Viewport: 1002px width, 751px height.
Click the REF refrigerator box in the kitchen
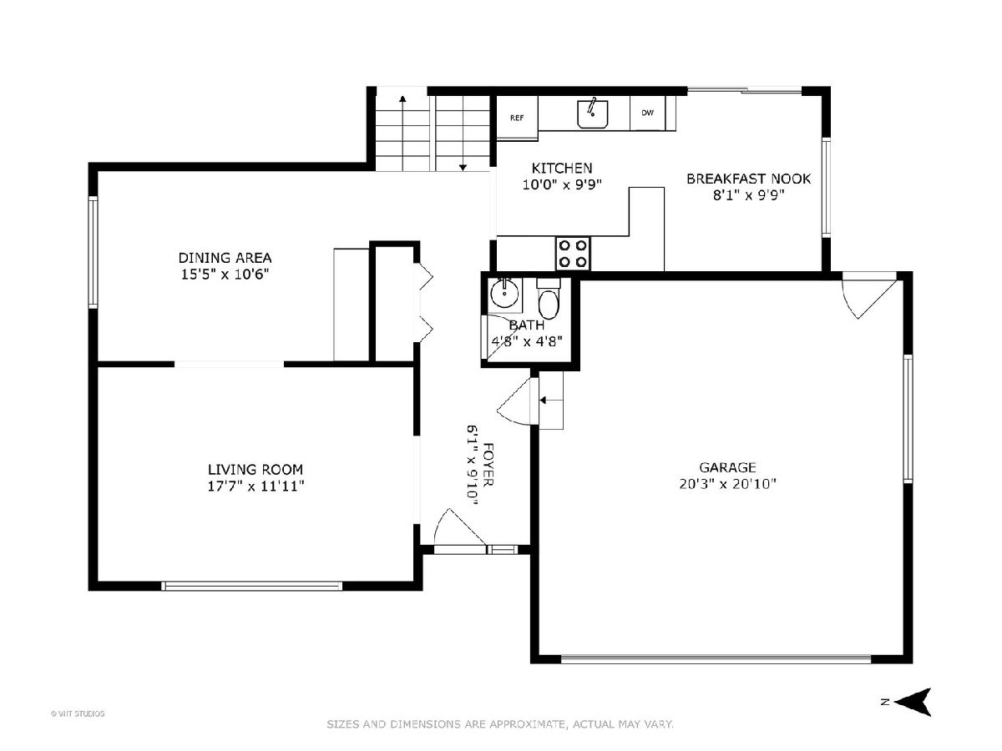(517, 117)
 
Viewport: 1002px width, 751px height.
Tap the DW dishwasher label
(647, 113)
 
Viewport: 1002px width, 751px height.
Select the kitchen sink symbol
(593, 113)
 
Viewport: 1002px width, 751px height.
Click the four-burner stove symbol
(573, 254)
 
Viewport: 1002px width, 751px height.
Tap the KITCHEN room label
(562, 169)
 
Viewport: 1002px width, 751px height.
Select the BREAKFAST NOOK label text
(749, 179)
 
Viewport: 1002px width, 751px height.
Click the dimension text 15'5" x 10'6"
(225, 275)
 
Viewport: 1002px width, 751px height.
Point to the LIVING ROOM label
(256, 469)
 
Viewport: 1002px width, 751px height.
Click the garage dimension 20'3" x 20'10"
(727, 484)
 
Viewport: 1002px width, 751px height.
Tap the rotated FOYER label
(488, 465)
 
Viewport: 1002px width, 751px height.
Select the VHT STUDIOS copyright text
(78, 713)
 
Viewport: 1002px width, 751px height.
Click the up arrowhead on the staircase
(402, 98)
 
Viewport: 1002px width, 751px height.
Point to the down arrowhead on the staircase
(463, 168)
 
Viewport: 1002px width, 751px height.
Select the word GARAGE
(727, 467)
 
